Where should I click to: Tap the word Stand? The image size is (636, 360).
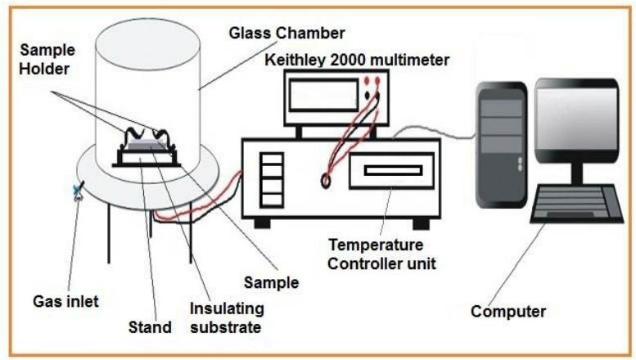pyautogui.click(x=149, y=328)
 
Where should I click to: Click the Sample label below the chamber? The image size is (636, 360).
pyautogui.click(x=272, y=283)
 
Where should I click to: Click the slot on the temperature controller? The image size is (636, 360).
pyautogui.click(x=393, y=172)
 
